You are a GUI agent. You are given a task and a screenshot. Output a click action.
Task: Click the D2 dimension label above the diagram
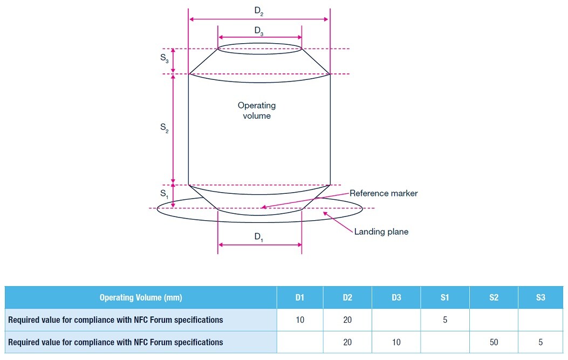(x=259, y=12)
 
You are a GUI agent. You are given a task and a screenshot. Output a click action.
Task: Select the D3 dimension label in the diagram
(x=259, y=31)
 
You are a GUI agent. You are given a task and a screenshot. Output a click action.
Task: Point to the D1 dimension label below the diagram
(x=259, y=237)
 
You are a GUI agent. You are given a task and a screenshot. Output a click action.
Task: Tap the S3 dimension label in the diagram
(x=165, y=60)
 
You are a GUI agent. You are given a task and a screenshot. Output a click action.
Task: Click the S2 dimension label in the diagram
(x=165, y=128)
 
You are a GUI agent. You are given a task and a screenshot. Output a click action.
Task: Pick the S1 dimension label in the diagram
(x=165, y=193)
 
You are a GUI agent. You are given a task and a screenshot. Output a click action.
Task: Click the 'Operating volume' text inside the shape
(x=257, y=111)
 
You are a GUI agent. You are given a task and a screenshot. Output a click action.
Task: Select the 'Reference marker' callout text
(x=384, y=193)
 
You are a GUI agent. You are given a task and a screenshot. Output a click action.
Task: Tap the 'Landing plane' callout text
(x=381, y=232)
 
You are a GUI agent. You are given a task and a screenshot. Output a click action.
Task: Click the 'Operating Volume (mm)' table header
(x=141, y=297)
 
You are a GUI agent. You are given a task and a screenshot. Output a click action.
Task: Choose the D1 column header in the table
(x=300, y=297)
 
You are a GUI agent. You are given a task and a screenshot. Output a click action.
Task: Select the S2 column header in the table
(x=494, y=297)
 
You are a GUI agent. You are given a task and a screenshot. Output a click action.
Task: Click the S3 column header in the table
(x=540, y=297)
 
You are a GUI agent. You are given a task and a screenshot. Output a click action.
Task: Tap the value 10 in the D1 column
(x=300, y=320)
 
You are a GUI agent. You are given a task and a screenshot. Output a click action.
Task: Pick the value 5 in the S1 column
(x=445, y=320)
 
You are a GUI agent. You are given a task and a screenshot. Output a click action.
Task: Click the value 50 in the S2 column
(x=494, y=342)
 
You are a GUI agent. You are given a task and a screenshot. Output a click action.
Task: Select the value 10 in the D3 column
(x=396, y=342)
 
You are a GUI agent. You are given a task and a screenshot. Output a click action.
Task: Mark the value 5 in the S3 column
(x=540, y=342)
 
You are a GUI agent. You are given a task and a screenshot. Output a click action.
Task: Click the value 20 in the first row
(x=347, y=320)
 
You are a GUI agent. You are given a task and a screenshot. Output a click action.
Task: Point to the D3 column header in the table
(x=396, y=297)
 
